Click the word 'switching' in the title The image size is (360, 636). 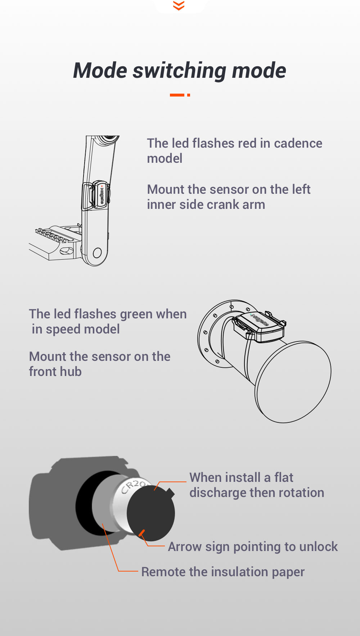coord(179,71)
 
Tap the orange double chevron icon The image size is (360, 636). coord(179,5)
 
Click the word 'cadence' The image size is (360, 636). coord(298,143)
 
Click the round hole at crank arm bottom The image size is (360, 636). coord(97,252)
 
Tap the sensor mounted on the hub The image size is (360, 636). coord(260,326)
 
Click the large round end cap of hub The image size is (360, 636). coord(293,382)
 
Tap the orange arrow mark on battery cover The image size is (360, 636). coord(142,533)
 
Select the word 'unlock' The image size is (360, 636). coord(318,547)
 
